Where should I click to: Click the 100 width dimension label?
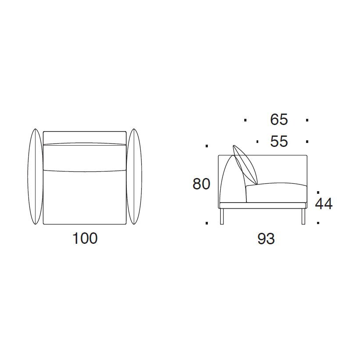85,238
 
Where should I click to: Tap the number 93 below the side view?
266,239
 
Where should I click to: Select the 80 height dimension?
201,184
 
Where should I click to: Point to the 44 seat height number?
324,203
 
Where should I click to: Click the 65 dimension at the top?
279,120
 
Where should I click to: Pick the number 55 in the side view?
279,141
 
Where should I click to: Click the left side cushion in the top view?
35,176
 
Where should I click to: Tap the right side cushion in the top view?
134,176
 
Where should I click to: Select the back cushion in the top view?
85,157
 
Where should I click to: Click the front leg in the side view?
303,216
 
